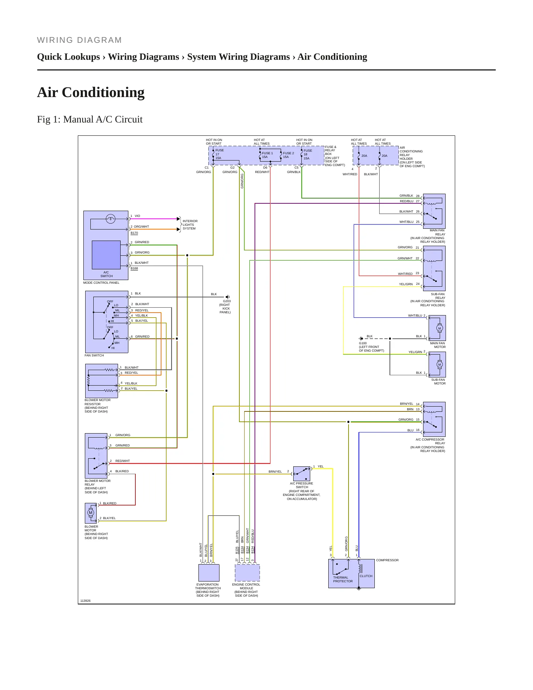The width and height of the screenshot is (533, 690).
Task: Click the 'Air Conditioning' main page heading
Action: (91, 92)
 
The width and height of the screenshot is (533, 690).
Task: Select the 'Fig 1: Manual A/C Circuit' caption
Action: (90, 119)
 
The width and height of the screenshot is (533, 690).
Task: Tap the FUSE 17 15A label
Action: (219, 154)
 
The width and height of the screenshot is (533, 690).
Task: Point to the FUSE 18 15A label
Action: (307, 154)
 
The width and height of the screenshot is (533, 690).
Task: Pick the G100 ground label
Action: (371, 347)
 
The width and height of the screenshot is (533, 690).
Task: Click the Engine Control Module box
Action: (247, 573)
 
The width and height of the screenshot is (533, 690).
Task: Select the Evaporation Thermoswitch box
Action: (209, 573)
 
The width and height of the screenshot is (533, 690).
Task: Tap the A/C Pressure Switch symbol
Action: (302, 474)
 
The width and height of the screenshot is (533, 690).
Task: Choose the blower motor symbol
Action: (91, 513)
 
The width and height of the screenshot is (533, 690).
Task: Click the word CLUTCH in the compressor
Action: (366, 576)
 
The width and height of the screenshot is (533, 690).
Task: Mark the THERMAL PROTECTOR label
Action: (343, 579)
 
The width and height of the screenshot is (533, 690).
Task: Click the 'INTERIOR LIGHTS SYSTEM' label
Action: (190, 225)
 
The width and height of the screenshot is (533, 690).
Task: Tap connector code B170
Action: (134, 233)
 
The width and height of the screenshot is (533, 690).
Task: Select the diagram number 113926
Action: (85, 601)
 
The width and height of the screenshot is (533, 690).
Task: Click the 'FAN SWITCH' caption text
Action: (94, 355)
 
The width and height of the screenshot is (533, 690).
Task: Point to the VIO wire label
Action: (137, 216)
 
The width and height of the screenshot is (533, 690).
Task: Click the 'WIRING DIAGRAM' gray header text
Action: (79, 40)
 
